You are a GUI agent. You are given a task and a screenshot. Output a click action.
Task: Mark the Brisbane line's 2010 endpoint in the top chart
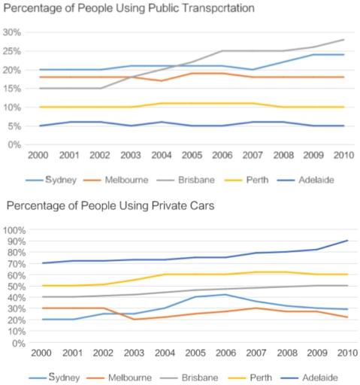pos(343,40)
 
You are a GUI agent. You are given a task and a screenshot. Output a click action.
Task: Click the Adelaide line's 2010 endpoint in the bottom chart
pos(343,241)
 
